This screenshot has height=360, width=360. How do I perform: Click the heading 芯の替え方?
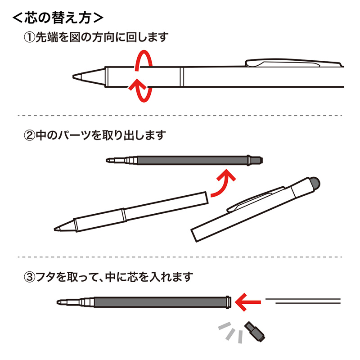[58, 18]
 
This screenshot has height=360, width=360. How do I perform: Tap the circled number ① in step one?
[29, 37]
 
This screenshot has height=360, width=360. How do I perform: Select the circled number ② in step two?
[29, 135]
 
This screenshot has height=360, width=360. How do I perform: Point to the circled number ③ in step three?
[29, 276]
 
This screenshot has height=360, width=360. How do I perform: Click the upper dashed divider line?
[180, 116]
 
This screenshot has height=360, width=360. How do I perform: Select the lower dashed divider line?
[180, 257]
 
